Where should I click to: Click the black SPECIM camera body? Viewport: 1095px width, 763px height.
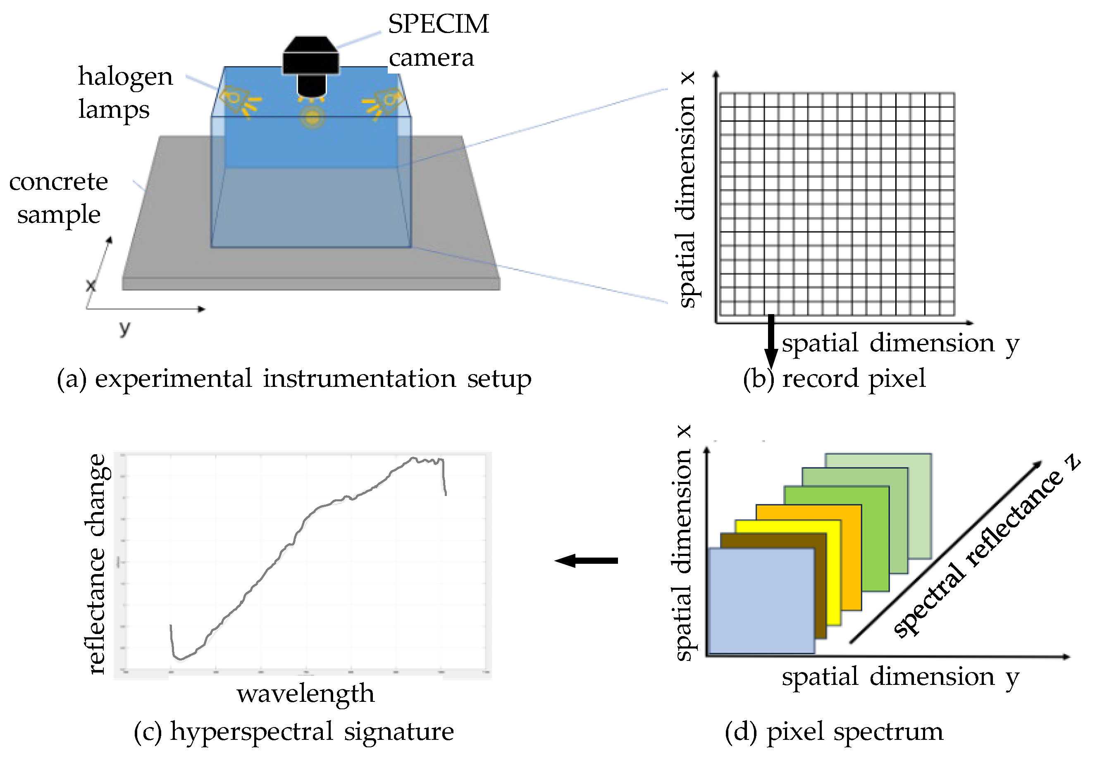click(311, 62)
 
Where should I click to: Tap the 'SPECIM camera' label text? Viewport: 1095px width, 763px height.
click(438, 41)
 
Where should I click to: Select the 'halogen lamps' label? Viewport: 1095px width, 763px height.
click(125, 93)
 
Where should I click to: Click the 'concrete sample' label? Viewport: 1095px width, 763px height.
click(59, 198)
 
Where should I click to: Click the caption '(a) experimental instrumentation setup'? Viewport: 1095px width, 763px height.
click(294, 379)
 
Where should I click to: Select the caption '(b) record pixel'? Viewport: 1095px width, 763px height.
click(834, 379)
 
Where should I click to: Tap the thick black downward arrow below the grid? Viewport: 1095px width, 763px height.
click(771, 341)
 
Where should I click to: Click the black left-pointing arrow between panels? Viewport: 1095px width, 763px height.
click(587, 561)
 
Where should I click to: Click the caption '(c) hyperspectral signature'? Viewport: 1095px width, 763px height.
click(294, 732)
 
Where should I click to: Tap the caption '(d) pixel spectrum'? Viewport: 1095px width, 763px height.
click(834, 732)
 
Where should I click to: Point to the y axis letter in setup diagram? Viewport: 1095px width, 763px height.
click(124, 328)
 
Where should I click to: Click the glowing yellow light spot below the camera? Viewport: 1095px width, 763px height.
click(313, 117)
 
